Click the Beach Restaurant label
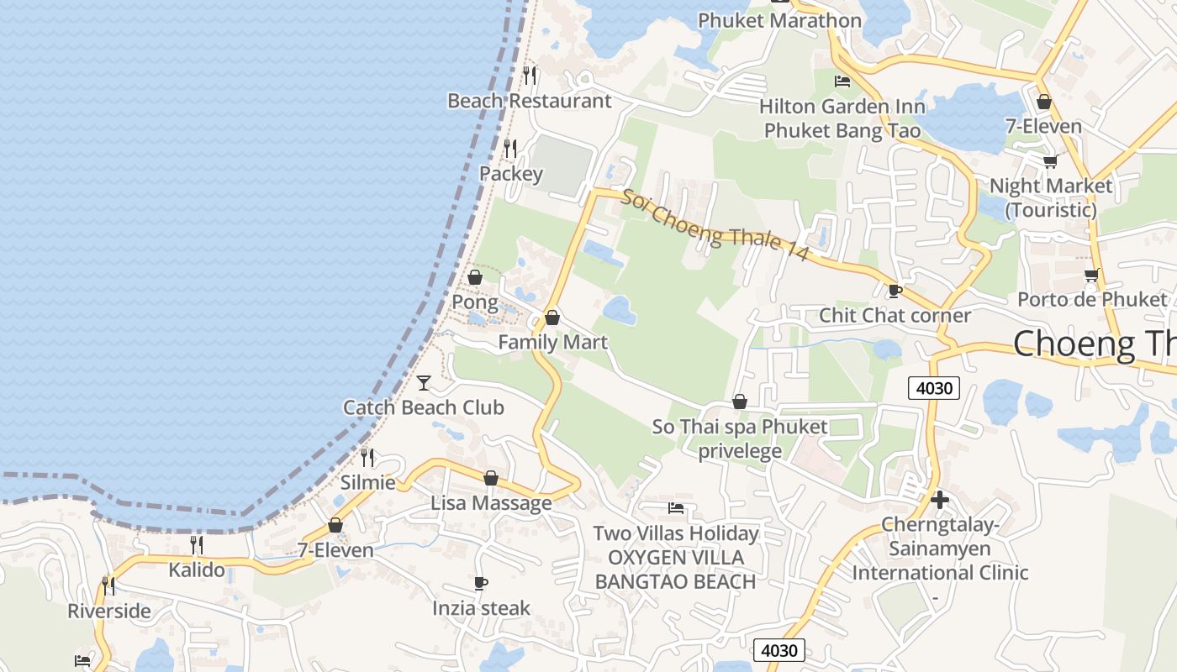point(529,101)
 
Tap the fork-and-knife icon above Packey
point(510,149)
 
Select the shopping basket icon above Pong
point(475,276)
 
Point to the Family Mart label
point(552,343)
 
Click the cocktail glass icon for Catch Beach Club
point(424,383)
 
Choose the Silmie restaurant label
point(368,483)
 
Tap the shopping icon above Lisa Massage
point(491,478)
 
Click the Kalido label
point(197,570)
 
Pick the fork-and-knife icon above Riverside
point(108,585)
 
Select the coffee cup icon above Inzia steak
point(481,583)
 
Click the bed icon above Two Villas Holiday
point(675,507)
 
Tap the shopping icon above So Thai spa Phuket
point(740,402)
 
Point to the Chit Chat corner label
point(895,316)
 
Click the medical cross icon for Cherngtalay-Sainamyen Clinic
point(940,501)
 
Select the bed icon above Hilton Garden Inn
point(842,81)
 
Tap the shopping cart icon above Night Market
point(1050,161)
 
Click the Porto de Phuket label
point(1092,300)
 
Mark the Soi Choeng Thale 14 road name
point(715,224)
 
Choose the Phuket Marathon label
point(779,20)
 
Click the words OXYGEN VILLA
point(676,558)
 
